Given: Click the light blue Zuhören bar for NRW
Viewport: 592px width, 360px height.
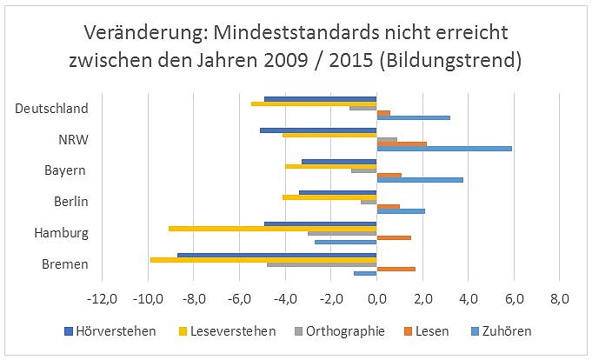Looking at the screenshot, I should click(444, 149).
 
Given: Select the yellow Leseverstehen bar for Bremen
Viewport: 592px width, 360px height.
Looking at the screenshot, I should click(263, 259).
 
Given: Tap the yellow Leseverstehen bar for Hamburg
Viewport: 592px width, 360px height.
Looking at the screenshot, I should click(272, 228).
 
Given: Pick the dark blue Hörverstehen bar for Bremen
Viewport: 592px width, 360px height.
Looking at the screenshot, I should click(276, 255).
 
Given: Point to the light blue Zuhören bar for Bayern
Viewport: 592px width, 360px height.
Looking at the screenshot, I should click(420, 180).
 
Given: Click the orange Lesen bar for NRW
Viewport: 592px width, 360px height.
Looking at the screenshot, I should click(402, 143).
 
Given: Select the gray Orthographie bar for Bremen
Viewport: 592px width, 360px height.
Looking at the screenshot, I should click(322, 263).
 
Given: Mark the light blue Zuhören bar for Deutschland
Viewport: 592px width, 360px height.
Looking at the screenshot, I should click(413, 117).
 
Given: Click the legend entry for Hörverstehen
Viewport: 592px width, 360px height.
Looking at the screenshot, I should click(111, 330).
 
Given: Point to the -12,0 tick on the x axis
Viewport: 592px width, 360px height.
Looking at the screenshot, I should click(103, 299).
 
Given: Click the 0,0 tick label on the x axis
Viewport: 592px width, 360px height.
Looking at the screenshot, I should click(376, 299).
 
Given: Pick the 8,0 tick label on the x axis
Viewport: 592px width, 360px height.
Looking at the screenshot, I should click(559, 299).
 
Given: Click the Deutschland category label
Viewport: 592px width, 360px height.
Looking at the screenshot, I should click(52, 109).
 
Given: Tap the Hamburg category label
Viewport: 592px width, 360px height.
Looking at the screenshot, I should click(61, 233).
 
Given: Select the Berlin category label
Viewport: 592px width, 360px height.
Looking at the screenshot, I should click(70, 202).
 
